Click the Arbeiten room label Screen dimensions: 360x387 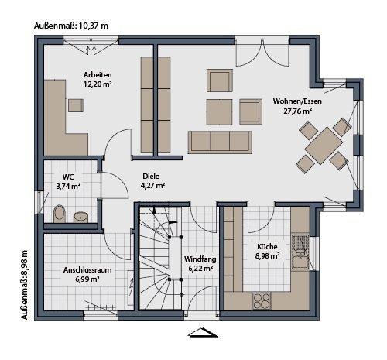point(98,74)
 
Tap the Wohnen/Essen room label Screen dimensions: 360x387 point(297,101)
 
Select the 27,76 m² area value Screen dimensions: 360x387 point(297,111)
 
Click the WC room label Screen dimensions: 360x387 point(69,176)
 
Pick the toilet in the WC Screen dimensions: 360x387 point(59,212)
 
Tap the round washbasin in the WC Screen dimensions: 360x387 point(80,215)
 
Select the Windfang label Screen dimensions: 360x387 point(199,259)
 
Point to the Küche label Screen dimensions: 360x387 point(266,247)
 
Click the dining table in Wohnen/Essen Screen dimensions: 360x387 point(322,142)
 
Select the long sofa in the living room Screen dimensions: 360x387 point(221,140)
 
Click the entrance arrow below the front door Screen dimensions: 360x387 point(203,334)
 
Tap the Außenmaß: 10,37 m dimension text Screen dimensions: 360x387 point(71,26)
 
